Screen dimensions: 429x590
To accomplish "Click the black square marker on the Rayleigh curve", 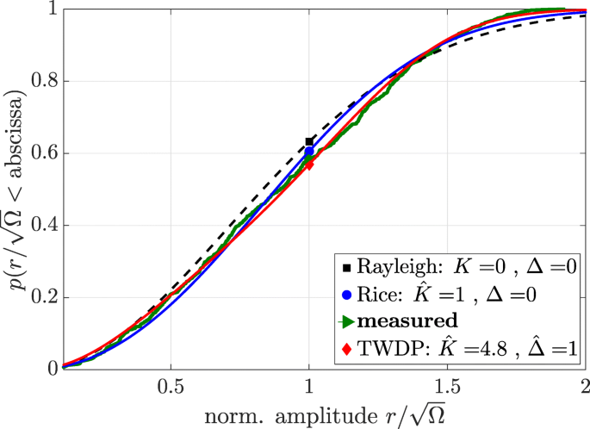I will pos(309,141).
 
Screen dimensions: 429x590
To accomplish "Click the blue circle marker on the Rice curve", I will pos(309,152).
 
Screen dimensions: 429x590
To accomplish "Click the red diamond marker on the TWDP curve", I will pos(309,165).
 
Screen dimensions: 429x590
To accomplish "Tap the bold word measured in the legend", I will pos(401,321).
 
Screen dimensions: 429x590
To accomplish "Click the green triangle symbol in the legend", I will pos(345,322).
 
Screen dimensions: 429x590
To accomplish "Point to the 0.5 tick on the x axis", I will pos(171,382).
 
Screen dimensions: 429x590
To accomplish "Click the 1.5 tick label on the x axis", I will pos(446,382).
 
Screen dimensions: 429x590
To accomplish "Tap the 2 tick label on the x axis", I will pos(584,382).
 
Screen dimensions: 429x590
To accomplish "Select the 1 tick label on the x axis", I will pos(309,382).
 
